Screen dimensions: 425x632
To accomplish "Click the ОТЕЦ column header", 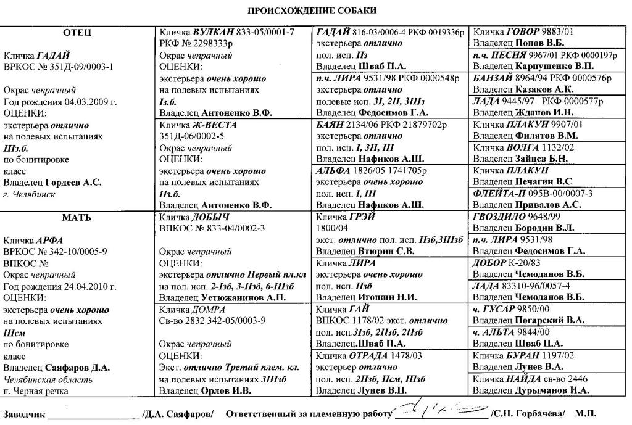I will [77, 33].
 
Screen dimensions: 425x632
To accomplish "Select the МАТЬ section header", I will [77, 217].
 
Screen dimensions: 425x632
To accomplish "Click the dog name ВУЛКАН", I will [212, 32].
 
